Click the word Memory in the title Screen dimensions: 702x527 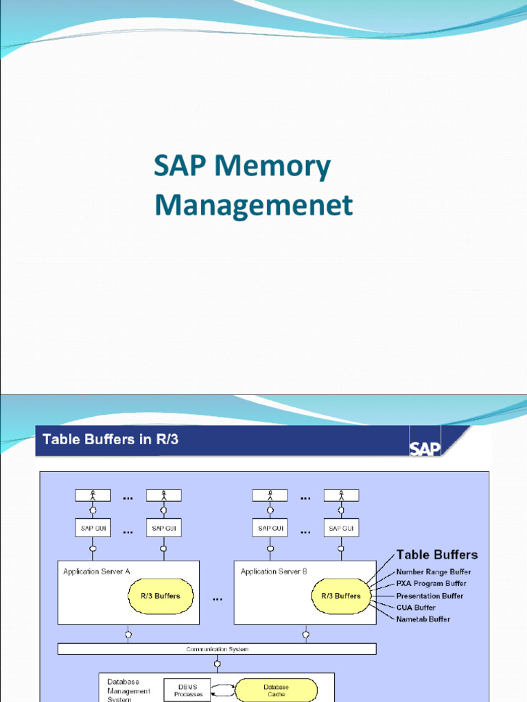tap(272, 168)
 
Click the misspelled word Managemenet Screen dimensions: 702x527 tap(253, 204)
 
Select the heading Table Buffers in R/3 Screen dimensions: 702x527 tap(110, 439)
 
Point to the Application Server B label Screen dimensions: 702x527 tap(274, 571)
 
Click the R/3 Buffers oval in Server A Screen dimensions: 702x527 tap(157, 596)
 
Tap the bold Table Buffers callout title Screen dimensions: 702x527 tap(437, 555)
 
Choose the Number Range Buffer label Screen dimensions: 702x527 tap(433, 572)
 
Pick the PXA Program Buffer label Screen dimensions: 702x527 tap(431, 583)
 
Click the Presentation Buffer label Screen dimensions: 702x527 tap(430, 596)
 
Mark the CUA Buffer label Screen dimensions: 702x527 tap(416, 607)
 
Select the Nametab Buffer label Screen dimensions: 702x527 tap(423, 619)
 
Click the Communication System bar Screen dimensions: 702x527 tap(217, 649)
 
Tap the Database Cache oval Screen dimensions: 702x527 tap(276, 690)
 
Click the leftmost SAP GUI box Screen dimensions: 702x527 tap(92, 529)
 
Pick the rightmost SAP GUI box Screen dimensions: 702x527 tap(341, 529)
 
